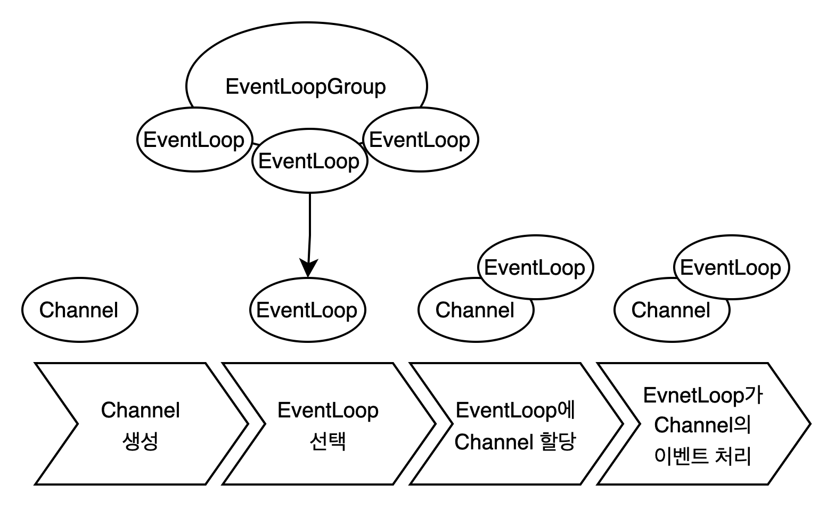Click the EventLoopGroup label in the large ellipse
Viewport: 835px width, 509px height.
pos(306,87)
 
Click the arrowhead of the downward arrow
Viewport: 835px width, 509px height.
pos(309,267)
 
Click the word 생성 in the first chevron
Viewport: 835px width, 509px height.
pos(140,441)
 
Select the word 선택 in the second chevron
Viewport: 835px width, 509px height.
pos(328,441)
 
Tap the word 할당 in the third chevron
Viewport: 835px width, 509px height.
pos(559,441)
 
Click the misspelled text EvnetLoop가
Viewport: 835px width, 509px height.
pos(703,396)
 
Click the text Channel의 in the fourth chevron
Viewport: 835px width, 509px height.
pos(702,425)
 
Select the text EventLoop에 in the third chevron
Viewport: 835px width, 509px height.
pos(515,411)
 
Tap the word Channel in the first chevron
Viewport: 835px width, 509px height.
pos(141,411)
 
